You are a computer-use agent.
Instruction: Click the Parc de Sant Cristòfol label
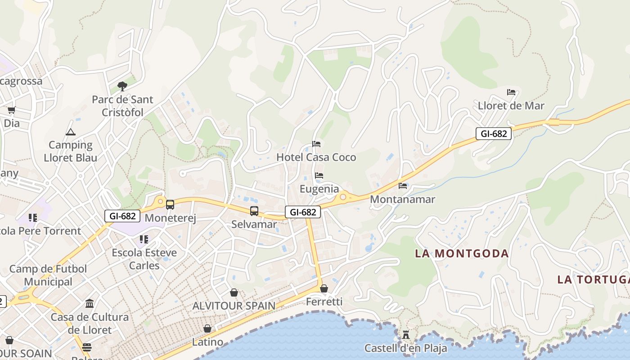click(122, 106)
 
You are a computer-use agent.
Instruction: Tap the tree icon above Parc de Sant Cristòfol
click(122, 86)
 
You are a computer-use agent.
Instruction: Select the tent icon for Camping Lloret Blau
click(70, 132)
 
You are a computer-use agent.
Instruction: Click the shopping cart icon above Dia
click(12, 110)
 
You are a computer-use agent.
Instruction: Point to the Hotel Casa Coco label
click(316, 157)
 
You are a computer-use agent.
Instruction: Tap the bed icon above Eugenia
click(319, 175)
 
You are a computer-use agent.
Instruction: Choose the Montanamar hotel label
click(402, 199)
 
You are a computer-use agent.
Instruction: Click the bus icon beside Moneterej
click(170, 205)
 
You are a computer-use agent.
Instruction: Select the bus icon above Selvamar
click(254, 211)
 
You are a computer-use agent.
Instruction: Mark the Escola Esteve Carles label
click(144, 259)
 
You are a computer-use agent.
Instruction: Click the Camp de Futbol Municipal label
click(48, 275)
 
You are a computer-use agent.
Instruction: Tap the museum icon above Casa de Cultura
click(90, 304)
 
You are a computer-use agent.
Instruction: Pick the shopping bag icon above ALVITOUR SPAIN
click(234, 292)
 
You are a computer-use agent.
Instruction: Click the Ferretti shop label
click(324, 302)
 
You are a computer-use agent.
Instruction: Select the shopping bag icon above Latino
click(207, 329)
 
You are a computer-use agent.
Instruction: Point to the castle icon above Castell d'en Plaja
click(406, 334)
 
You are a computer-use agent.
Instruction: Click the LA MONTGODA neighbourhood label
click(462, 253)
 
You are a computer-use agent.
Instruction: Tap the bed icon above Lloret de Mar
click(511, 92)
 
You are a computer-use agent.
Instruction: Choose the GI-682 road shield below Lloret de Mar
click(494, 134)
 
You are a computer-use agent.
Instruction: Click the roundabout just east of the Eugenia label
click(343, 197)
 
